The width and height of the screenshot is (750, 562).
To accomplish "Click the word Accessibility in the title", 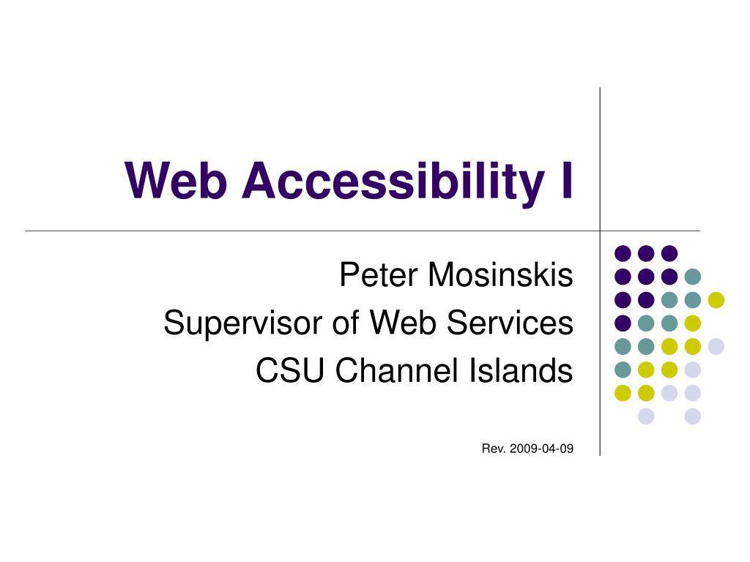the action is pos(393,181).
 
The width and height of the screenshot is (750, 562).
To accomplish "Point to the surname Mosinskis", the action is pos(500,275).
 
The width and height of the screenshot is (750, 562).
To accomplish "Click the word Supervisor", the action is pos(243,323).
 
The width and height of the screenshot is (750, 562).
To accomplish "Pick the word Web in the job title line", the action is pos(404,323).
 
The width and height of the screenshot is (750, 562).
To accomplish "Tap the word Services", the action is pos(510,323).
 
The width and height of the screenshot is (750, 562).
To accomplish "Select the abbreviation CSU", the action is pos(290,370).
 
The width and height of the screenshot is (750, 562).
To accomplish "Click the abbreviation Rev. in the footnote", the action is pos(494,449).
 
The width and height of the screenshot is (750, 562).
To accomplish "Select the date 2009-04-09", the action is pos(541,449).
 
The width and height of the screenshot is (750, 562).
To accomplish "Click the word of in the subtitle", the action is pos(346,323).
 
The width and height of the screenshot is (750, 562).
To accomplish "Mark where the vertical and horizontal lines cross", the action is pos(600,231).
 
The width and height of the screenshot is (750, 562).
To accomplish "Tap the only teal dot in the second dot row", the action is pos(693,277).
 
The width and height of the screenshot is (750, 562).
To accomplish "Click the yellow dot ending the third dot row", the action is pos(716,300).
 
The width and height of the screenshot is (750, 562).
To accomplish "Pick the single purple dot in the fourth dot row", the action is pos(623,323).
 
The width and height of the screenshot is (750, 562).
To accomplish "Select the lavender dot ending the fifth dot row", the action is pos(716,346).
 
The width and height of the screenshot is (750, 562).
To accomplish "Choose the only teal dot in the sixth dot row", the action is pos(623,370).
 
